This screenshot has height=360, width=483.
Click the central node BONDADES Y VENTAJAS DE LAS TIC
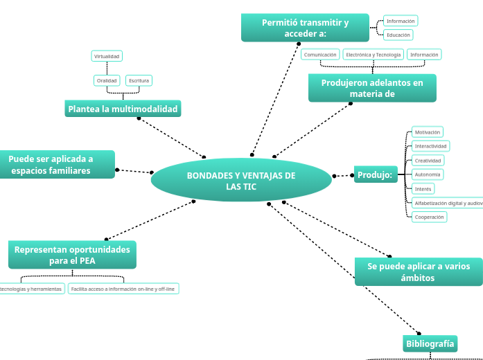(241, 181)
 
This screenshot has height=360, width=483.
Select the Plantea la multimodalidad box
(123, 109)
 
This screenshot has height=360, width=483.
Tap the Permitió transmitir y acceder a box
(305, 28)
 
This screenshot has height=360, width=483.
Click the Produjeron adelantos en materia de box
(372, 88)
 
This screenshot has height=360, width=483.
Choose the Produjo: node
(375, 175)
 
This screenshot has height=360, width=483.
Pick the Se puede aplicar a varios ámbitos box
(418, 271)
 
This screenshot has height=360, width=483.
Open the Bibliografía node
(430, 343)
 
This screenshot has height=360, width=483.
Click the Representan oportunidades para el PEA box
(72, 255)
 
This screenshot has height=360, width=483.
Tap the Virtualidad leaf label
(107, 56)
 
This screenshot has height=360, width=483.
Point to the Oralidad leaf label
(107, 80)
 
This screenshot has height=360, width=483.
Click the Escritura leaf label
(139, 80)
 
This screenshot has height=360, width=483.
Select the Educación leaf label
(398, 35)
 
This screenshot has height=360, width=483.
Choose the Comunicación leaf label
(320, 54)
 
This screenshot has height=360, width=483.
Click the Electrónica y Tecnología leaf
(373, 54)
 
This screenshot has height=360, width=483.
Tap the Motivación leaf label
(427, 132)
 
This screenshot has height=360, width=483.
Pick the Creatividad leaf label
(428, 161)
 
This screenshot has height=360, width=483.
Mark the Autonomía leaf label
(428, 174)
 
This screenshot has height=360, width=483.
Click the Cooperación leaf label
(429, 217)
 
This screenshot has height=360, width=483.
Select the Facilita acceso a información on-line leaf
(123, 289)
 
